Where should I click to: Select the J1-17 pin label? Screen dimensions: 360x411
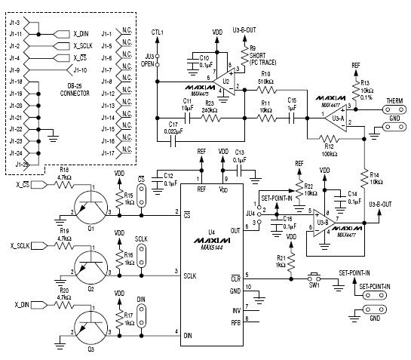click(x=108, y=153)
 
